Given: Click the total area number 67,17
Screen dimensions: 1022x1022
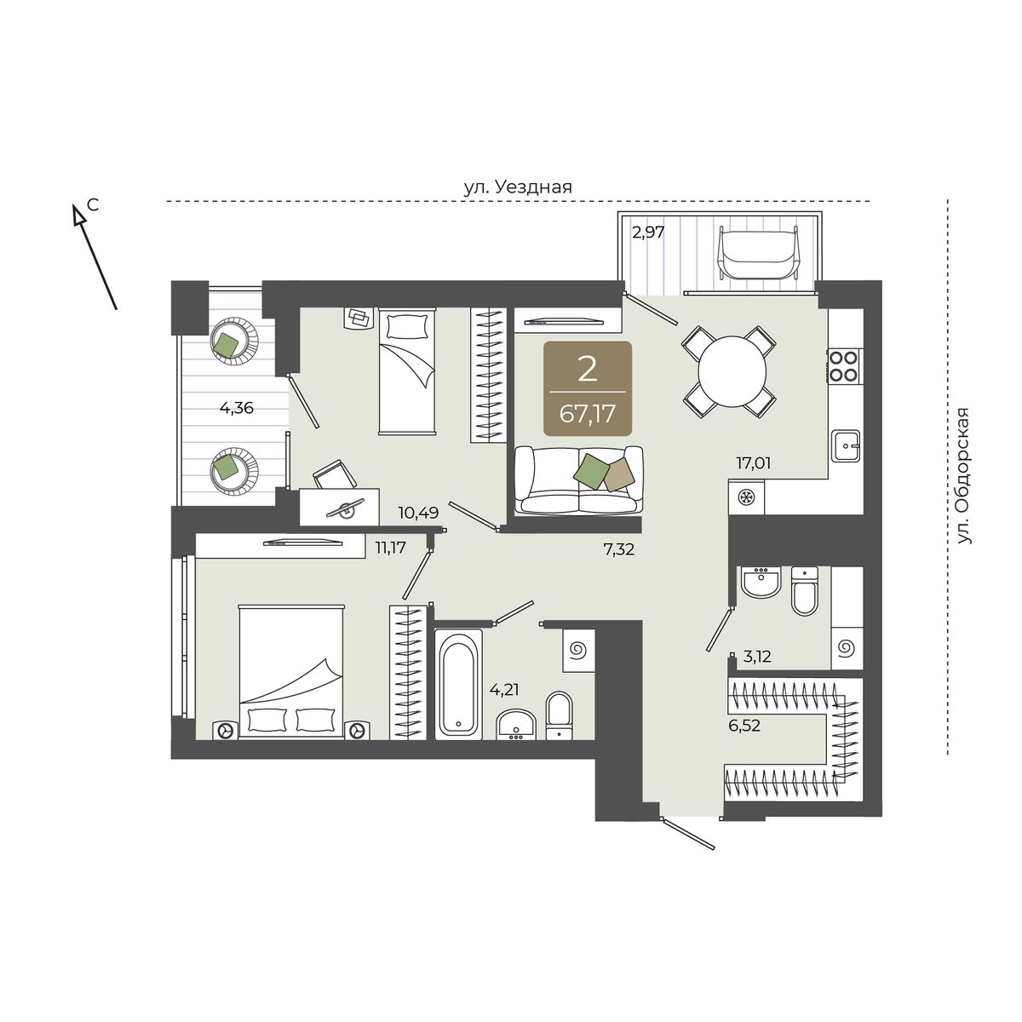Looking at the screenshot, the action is (587, 413).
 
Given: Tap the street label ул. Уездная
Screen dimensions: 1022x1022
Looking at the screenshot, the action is (518, 187).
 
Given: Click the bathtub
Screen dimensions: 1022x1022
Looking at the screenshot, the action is (458, 684).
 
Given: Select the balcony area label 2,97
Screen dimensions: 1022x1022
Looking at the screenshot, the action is (647, 232).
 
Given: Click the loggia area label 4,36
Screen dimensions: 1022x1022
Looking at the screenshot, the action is (237, 408).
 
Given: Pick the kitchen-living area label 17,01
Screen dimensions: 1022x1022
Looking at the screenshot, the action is (753, 463).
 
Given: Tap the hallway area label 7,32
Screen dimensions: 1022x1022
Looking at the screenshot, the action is (618, 549).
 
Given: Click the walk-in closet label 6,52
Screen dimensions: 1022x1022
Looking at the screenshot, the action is (744, 725).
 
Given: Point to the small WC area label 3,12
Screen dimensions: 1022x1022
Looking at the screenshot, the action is (757, 657).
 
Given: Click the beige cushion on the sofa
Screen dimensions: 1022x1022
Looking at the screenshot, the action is (619, 474).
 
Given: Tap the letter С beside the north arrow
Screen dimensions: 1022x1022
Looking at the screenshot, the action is (94, 204).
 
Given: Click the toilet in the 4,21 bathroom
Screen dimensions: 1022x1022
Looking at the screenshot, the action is (559, 715).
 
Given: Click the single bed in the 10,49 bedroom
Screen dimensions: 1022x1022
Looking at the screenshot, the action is (407, 372).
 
